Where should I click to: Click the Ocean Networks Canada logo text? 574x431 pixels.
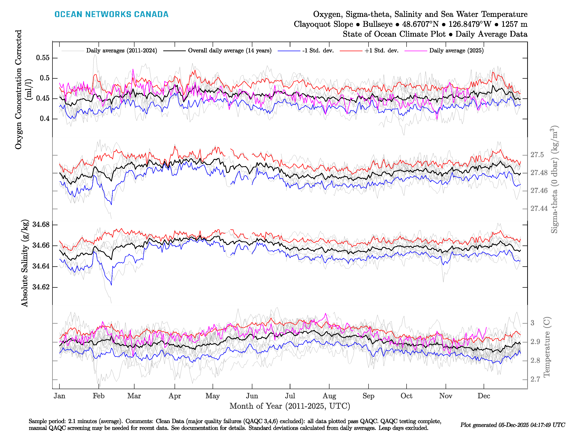[x=111, y=14]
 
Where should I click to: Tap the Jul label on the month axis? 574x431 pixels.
[x=290, y=396]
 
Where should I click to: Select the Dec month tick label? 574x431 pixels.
[x=484, y=396]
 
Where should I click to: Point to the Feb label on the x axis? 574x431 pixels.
[x=99, y=396]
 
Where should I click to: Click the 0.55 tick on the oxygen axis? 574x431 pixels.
[x=43, y=58]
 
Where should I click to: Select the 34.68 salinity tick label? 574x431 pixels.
[x=41, y=224]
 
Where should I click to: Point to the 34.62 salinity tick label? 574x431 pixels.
[x=41, y=287]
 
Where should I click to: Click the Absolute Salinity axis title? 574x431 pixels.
[x=25, y=263]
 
